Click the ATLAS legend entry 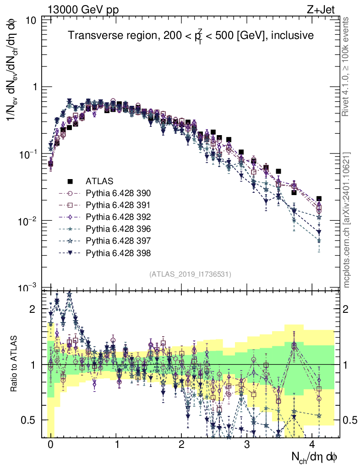click(99, 181)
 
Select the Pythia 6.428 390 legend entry click(118, 193)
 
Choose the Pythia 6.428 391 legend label click(118, 205)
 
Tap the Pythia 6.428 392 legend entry click(118, 217)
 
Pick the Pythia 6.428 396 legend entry click(118, 229)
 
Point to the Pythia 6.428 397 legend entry click(118, 240)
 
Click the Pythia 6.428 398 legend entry click(118, 252)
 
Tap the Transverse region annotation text click(191, 36)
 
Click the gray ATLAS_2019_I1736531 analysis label click(190, 274)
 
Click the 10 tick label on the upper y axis click(32, 20)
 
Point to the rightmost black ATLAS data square click(319, 199)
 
